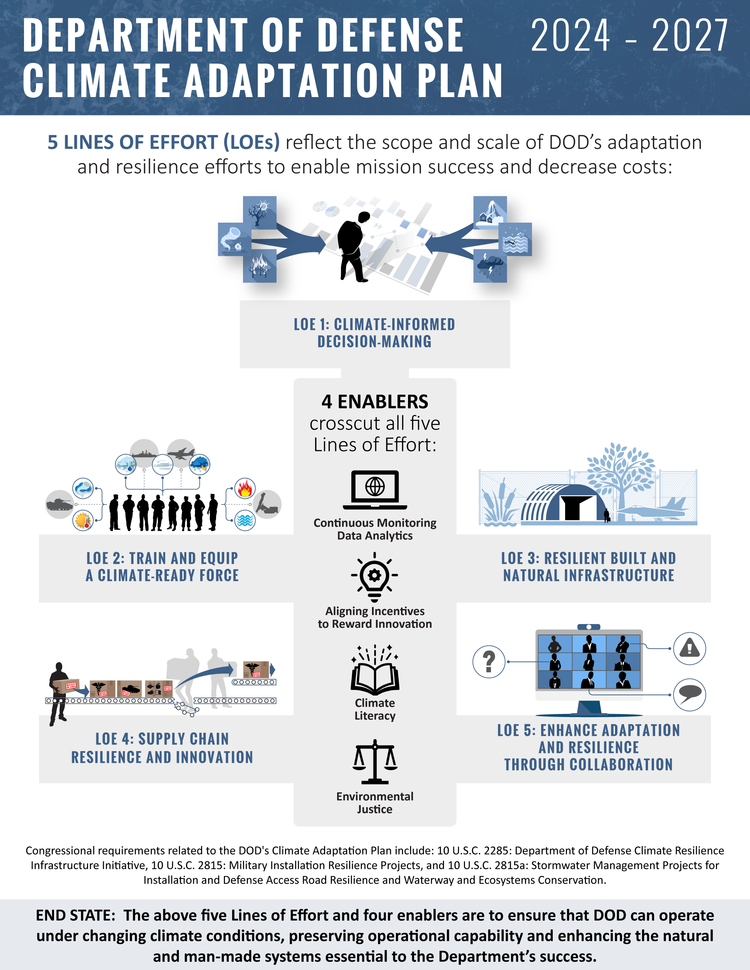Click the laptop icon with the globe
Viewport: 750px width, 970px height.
(x=375, y=489)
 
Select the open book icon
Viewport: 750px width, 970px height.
(x=375, y=671)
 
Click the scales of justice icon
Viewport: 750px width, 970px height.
(x=375, y=762)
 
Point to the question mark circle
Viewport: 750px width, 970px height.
(x=489, y=662)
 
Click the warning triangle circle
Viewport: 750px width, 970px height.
(x=690, y=648)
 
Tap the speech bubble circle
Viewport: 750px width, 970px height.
(x=690, y=695)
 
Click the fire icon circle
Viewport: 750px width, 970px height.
(x=245, y=488)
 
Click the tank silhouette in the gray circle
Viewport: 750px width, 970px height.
(x=60, y=504)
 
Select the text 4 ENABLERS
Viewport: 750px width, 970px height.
(x=375, y=401)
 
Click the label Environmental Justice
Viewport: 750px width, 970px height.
(x=375, y=802)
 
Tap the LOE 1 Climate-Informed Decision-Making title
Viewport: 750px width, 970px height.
(x=375, y=333)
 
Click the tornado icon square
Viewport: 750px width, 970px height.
(x=234, y=240)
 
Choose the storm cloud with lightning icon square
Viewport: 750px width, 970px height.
(x=490, y=266)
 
